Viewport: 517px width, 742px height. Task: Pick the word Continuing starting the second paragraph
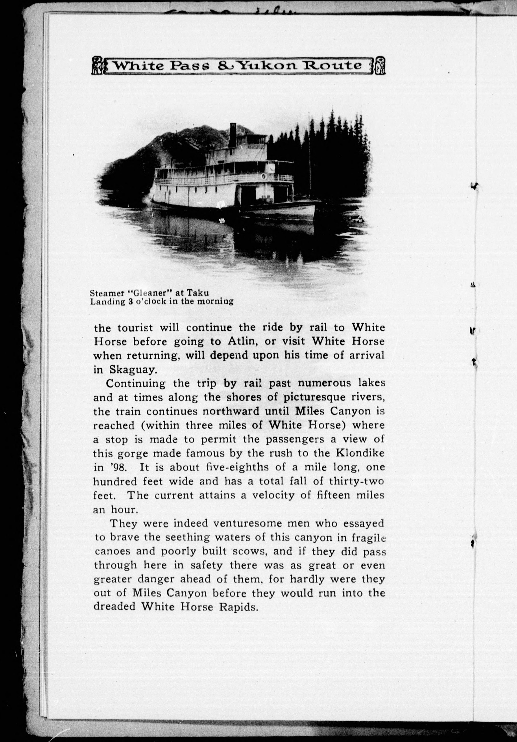[136, 384]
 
